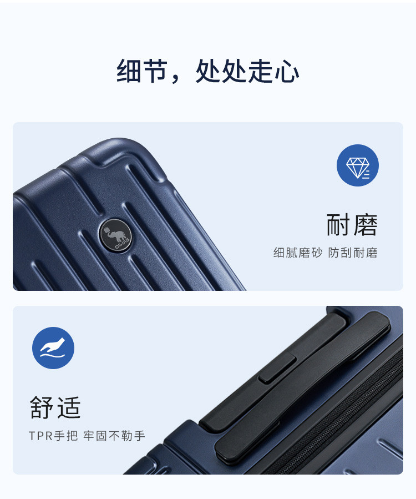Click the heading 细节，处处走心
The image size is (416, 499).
pos(207,70)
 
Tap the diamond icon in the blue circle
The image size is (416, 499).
pos(357,168)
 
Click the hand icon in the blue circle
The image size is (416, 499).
pos(53,348)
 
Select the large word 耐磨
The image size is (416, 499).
pos(352,225)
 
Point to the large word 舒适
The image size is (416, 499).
pos(55,407)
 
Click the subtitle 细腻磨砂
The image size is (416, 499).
pos(298,253)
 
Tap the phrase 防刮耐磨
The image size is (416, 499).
pos(353,253)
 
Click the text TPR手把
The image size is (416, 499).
pos(53,436)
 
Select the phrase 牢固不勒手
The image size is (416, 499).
pos(114,436)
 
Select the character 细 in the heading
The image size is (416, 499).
pos(129,70)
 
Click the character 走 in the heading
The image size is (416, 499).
pos(261,70)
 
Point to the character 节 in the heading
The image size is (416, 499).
pos(155,70)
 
